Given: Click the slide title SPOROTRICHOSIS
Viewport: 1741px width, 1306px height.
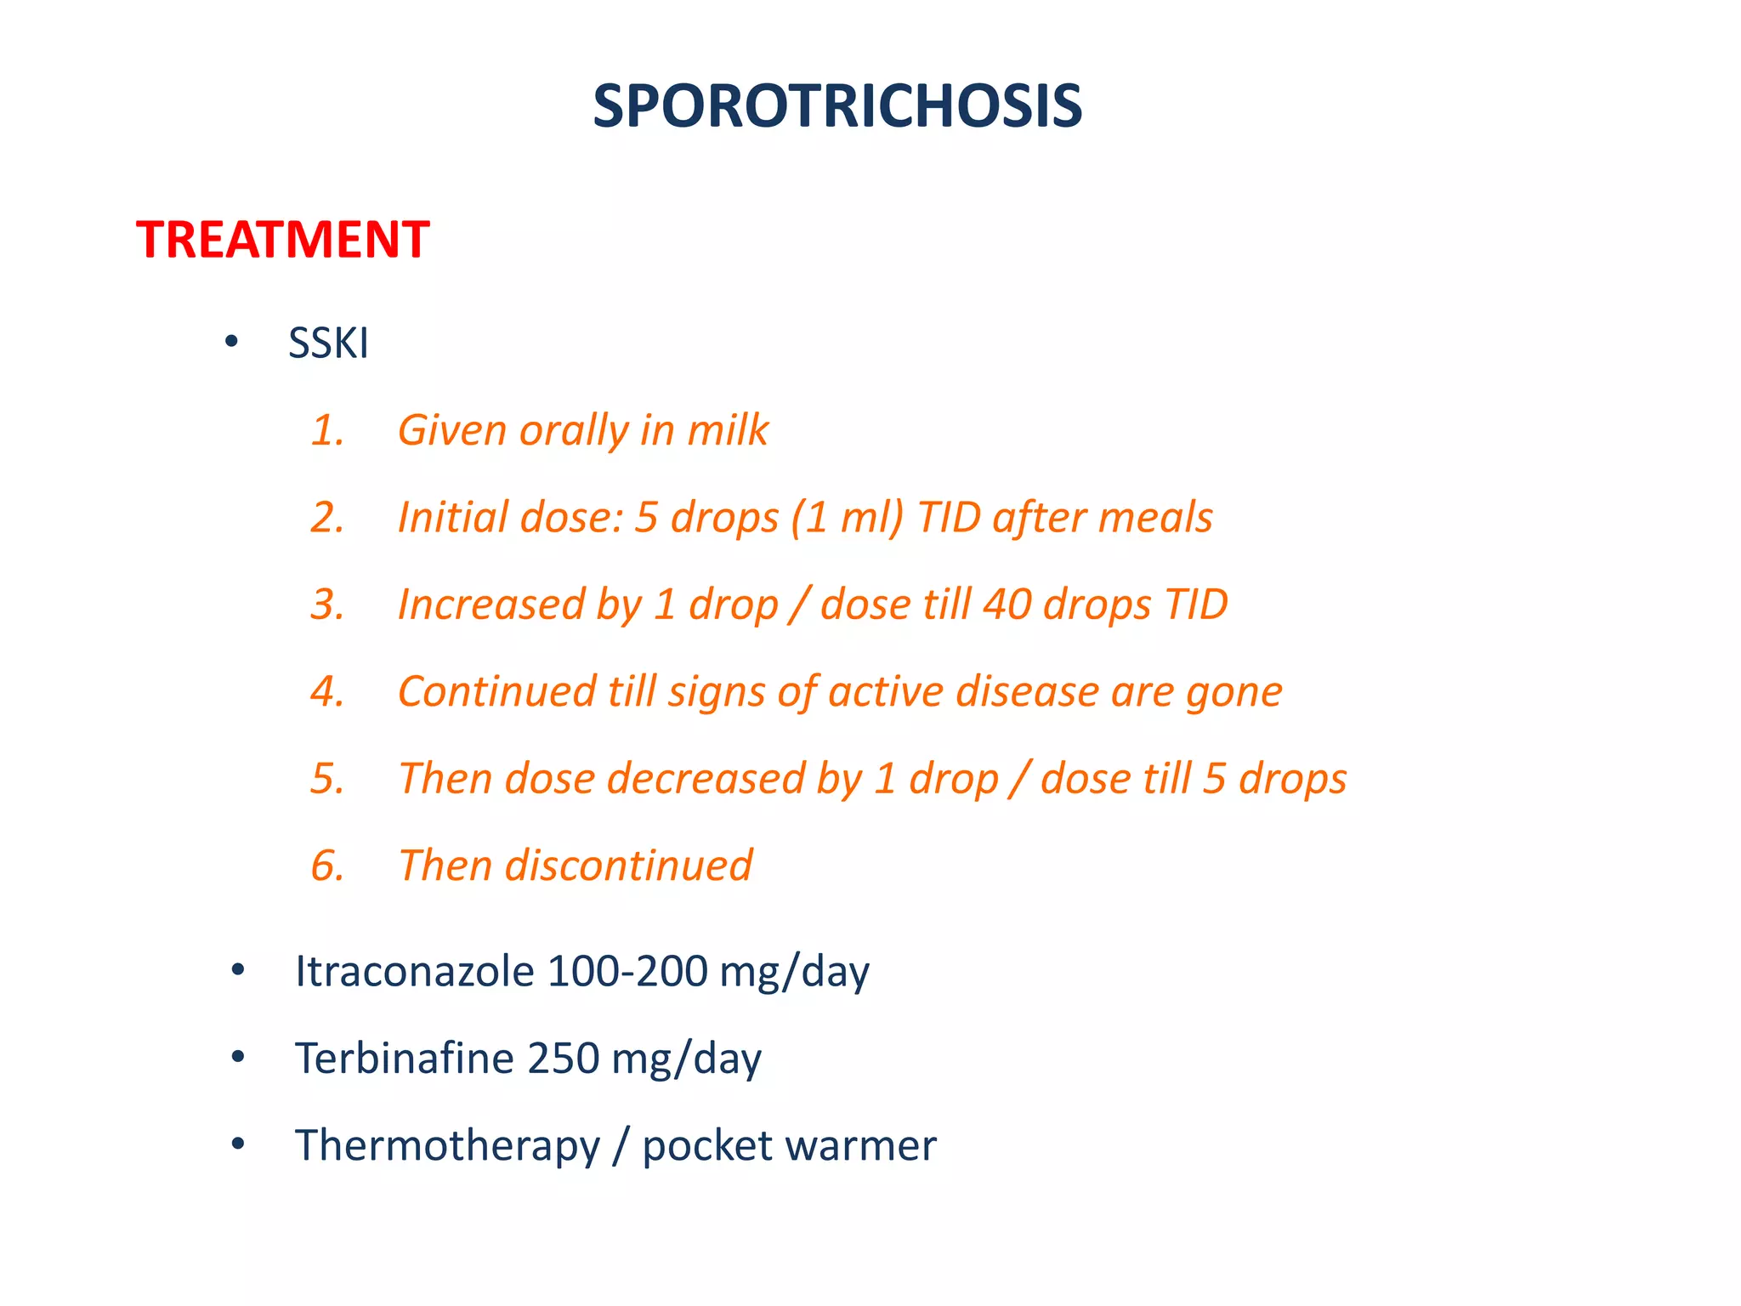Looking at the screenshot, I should [837, 106].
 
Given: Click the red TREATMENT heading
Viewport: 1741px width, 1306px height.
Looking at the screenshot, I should [282, 240].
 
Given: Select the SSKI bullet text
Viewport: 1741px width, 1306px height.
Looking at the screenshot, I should [328, 344].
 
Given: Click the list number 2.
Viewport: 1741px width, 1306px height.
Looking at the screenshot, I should [326, 518].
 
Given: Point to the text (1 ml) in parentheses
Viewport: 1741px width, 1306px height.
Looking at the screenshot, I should [847, 518].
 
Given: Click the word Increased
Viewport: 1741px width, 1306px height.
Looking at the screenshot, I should [491, 605].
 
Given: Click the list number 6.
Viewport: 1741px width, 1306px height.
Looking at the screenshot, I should [326, 866].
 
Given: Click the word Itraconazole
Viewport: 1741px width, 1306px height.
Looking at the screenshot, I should [414, 971].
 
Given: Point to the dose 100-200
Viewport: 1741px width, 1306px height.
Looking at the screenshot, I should [627, 971].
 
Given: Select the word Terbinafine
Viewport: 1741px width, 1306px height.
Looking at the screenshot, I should [405, 1059].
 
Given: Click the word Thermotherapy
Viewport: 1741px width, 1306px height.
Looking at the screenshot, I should [447, 1145].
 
